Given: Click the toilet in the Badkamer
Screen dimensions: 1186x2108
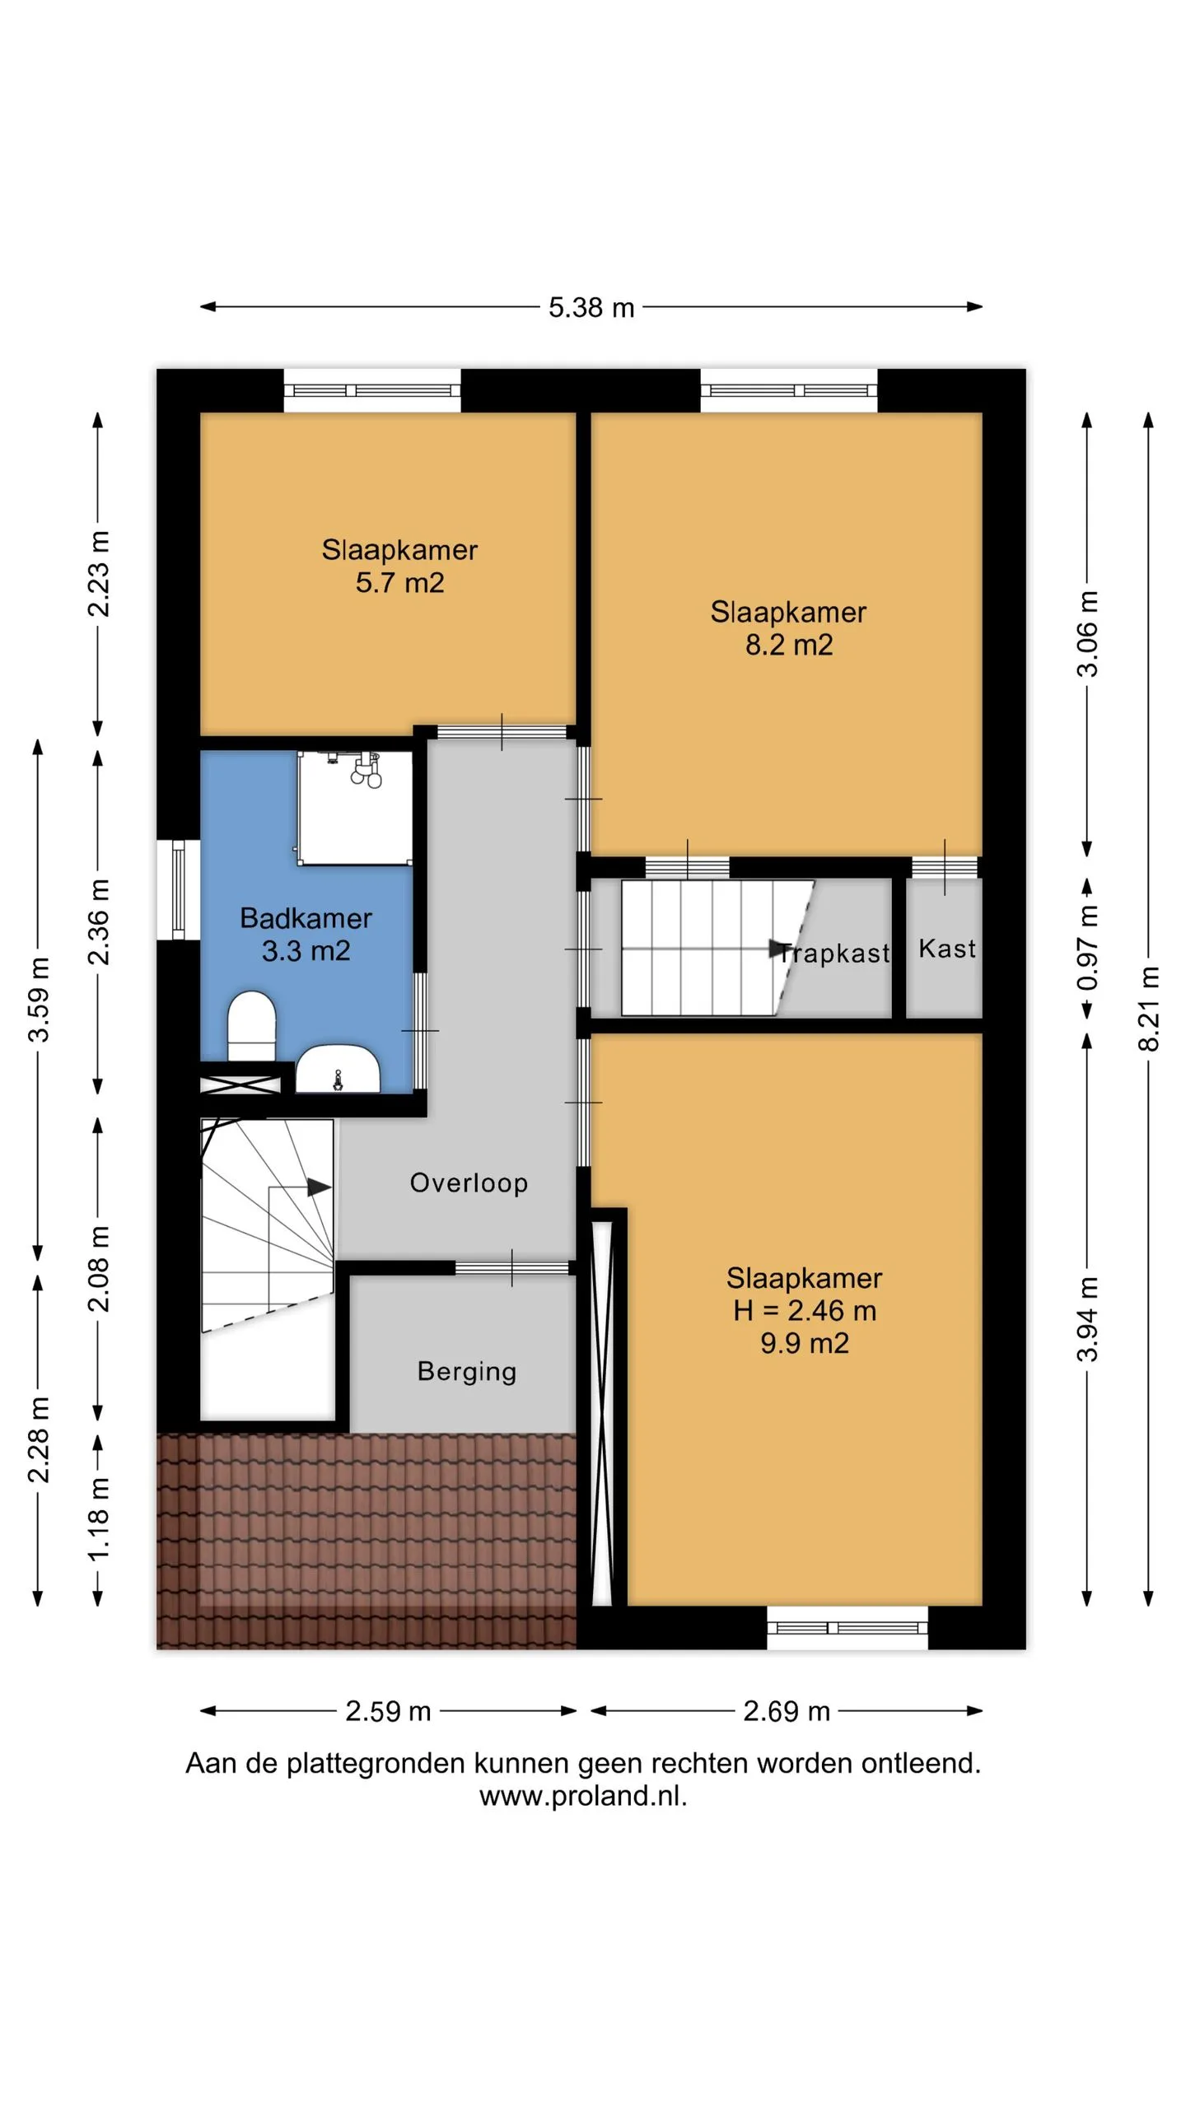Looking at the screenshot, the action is pos(251,1026).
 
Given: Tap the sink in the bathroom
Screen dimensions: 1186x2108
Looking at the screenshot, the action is pos(338,1069).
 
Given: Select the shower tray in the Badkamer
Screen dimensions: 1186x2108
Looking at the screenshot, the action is pos(355,808).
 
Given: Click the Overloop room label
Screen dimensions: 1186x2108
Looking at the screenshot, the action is pos(469,1182).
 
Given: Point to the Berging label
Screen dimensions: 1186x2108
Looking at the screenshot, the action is pos(467,1371).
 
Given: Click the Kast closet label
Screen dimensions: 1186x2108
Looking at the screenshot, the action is pos(947,949).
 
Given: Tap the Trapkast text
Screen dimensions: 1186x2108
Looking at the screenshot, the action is pos(834,953).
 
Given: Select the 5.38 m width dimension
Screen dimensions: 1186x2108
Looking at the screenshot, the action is pos(591,307).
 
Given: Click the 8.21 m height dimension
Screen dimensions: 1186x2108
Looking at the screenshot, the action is pos(1149,1009).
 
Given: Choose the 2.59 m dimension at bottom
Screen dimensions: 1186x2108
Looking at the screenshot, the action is pos(388,1711).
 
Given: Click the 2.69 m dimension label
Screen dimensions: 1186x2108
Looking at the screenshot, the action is pos(787,1711).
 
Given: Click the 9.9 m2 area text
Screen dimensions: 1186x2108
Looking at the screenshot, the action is pos(805,1343).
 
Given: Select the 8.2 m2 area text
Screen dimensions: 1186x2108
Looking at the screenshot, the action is pos(789,645).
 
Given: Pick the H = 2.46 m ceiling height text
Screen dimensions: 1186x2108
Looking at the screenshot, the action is pos(805,1310).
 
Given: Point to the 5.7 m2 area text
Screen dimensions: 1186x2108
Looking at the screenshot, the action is pos(399,582).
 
